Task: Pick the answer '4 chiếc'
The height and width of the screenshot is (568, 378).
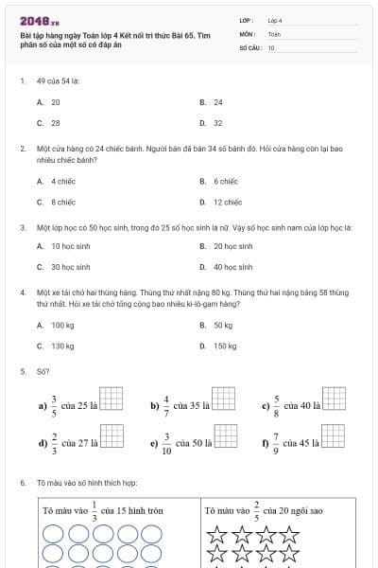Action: tap(63, 181)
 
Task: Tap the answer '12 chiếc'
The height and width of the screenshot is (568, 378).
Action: tap(228, 202)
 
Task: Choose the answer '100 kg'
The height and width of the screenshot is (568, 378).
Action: tap(63, 325)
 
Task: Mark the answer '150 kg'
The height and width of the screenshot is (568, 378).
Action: tap(225, 346)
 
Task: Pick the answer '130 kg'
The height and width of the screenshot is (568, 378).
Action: tap(63, 346)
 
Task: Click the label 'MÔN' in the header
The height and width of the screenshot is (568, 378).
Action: tap(248, 33)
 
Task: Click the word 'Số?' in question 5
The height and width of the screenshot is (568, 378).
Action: tap(43, 372)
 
